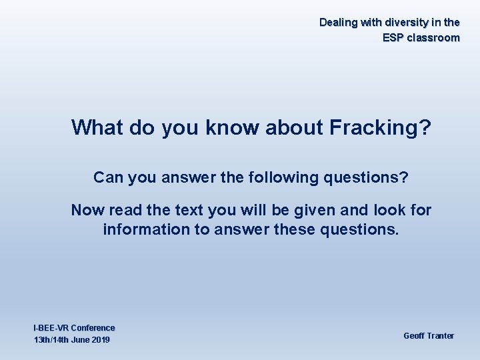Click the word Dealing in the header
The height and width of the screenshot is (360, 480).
click(x=339, y=23)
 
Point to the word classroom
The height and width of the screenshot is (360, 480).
click(x=435, y=38)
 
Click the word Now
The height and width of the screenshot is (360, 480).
click(x=88, y=211)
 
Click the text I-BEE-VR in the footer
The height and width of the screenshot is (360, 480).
click(x=51, y=328)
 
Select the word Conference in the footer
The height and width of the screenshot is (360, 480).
click(x=93, y=328)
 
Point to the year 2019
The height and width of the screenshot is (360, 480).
click(x=99, y=340)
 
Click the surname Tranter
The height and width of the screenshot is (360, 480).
click(x=441, y=335)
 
